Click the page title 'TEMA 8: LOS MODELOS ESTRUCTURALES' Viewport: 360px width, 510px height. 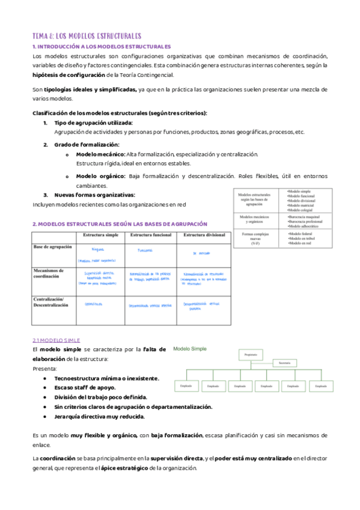[x=87, y=36]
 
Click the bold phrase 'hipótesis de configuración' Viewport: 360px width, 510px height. [x=68, y=75]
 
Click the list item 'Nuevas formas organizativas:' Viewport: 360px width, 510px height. [x=94, y=195]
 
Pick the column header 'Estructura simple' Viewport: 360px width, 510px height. [x=100, y=235]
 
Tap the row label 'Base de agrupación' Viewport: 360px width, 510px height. [x=53, y=247]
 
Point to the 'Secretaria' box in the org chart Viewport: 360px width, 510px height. [x=284, y=363]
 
